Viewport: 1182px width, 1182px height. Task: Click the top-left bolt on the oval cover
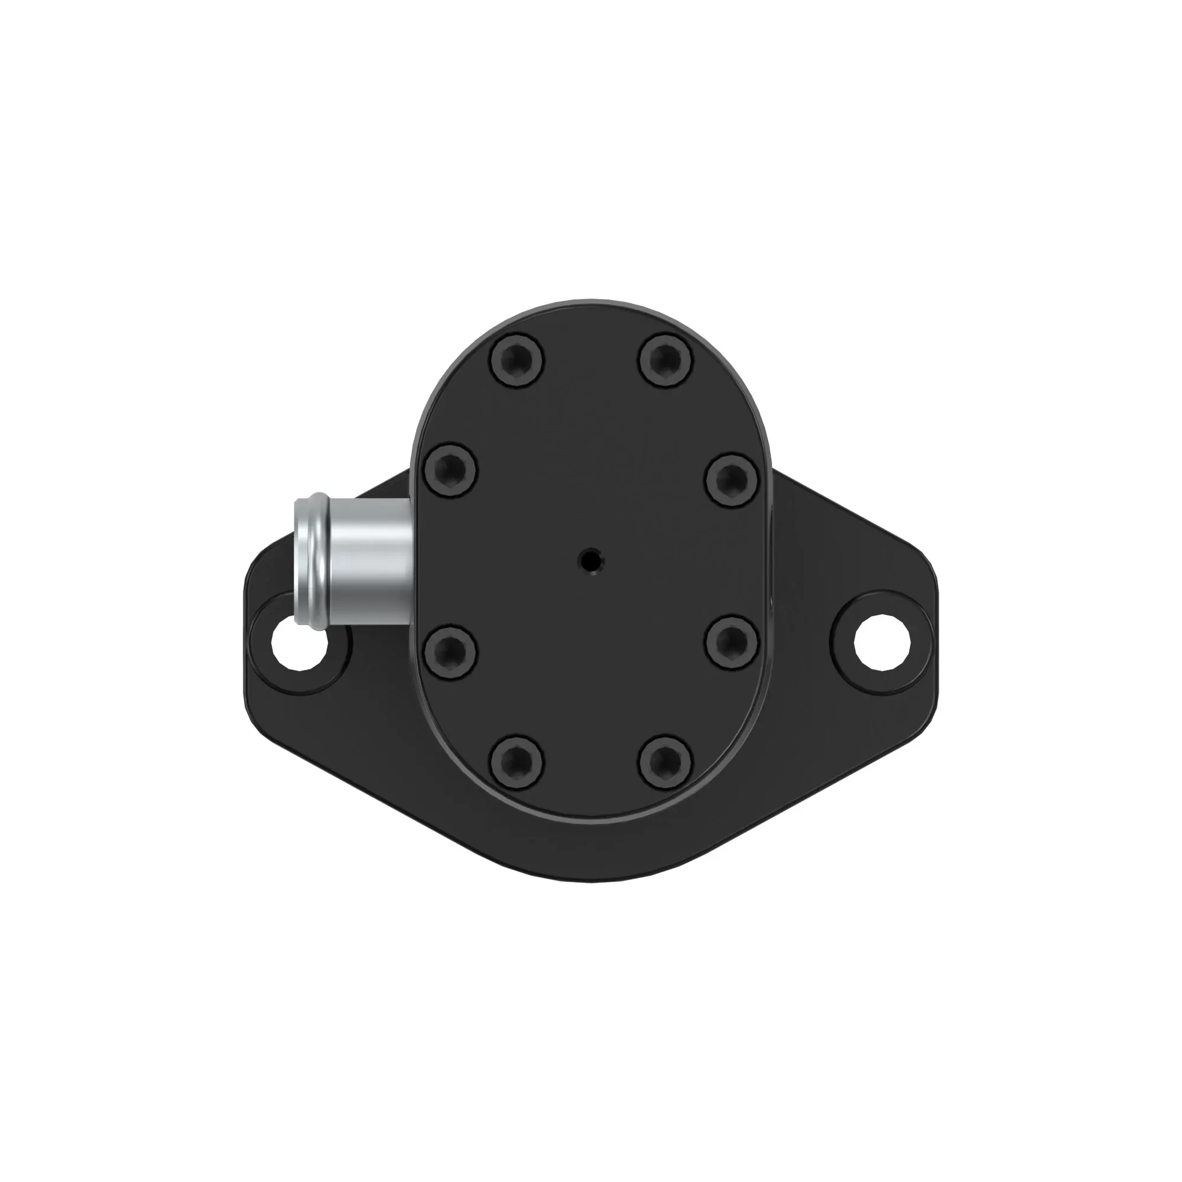point(517,360)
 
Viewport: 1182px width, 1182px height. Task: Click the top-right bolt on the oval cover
point(665,360)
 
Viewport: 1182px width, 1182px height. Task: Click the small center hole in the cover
point(591,559)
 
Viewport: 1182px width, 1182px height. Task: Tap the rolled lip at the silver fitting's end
point(309,560)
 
